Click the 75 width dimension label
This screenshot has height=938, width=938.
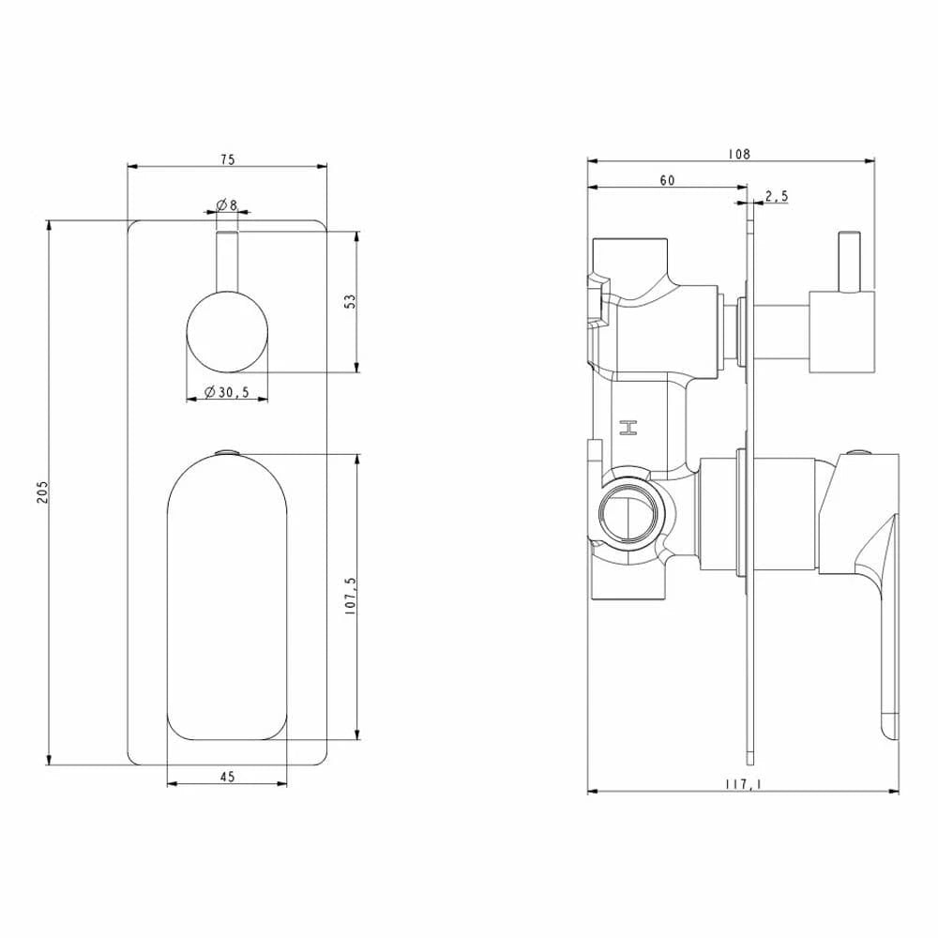228,159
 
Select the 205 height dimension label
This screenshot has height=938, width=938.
42,492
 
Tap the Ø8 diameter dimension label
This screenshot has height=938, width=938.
227,204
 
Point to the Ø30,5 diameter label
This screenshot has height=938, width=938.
227,392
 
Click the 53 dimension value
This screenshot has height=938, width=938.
351,301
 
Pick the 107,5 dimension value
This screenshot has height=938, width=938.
351,597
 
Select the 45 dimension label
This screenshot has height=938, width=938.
227,777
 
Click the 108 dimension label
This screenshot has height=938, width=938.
739,155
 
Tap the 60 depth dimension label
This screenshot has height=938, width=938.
667,180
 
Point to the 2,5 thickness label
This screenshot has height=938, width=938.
777,196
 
